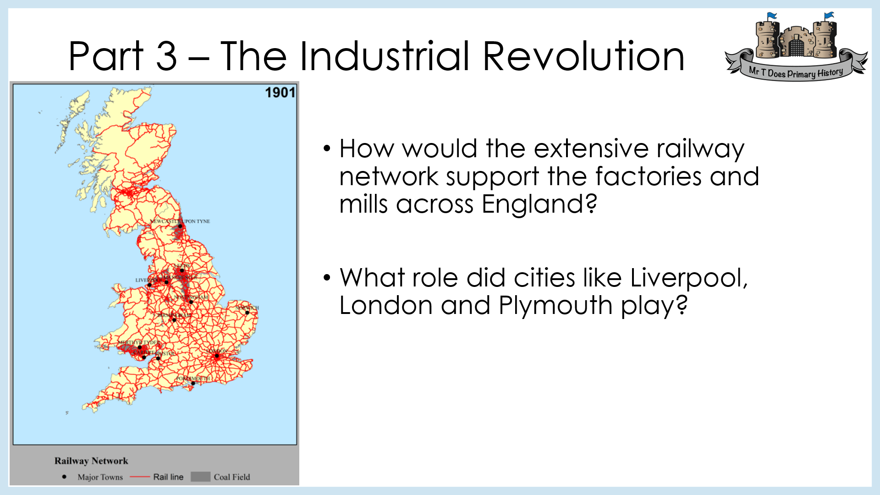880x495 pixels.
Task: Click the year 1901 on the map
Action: point(280,93)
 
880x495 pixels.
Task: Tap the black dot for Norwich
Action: point(247,313)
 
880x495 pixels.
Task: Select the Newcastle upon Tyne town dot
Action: point(180,226)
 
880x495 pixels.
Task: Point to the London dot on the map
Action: point(217,356)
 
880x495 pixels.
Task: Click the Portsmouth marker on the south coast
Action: point(193,383)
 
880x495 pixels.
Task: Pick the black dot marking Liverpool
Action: point(149,285)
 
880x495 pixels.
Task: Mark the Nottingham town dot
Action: point(191,302)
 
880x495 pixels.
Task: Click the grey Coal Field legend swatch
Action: point(200,477)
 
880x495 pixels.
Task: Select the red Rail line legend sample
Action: point(140,477)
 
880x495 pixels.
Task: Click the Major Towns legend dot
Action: point(64,477)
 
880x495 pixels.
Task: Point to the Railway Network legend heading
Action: point(91,461)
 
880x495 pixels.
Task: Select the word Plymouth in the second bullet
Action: point(555,305)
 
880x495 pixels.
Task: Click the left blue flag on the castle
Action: point(772,16)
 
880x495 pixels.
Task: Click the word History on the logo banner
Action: point(830,72)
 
